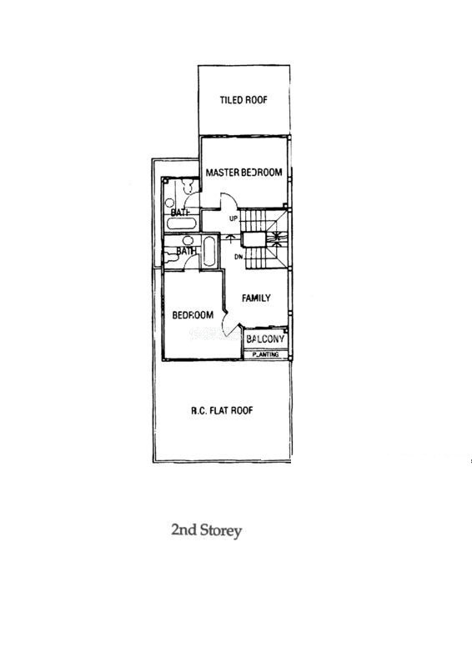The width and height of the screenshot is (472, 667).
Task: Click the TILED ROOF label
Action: (x=244, y=100)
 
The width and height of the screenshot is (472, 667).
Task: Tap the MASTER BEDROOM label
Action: (x=244, y=173)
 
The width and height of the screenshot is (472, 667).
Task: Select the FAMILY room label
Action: (x=256, y=298)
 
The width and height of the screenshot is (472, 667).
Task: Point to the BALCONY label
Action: (x=265, y=339)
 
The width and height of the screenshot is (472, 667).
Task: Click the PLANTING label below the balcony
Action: (x=265, y=354)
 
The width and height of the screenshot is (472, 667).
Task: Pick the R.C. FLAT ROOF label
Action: (x=222, y=411)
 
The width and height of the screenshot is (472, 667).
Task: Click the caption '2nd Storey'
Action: (x=207, y=530)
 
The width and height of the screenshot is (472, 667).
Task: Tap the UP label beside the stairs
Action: (x=233, y=218)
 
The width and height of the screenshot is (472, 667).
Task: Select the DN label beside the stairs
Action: (x=239, y=257)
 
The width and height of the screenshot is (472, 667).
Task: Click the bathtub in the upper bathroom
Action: (x=181, y=223)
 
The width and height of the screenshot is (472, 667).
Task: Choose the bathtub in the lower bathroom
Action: (x=209, y=251)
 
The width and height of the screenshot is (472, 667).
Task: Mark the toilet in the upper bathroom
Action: (x=187, y=186)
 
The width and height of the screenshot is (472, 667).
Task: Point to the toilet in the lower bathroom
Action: (x=171, y=257)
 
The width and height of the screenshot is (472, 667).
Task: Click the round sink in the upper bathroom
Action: (x=170, y=203)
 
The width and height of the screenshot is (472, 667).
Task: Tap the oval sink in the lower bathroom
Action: (x=188, y=241)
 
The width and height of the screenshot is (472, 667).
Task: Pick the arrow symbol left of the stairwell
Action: (x=230, y=238)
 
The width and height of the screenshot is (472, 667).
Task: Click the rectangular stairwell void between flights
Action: (x=254, y=239)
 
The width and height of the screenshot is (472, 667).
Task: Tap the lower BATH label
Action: (x=187, y=252)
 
